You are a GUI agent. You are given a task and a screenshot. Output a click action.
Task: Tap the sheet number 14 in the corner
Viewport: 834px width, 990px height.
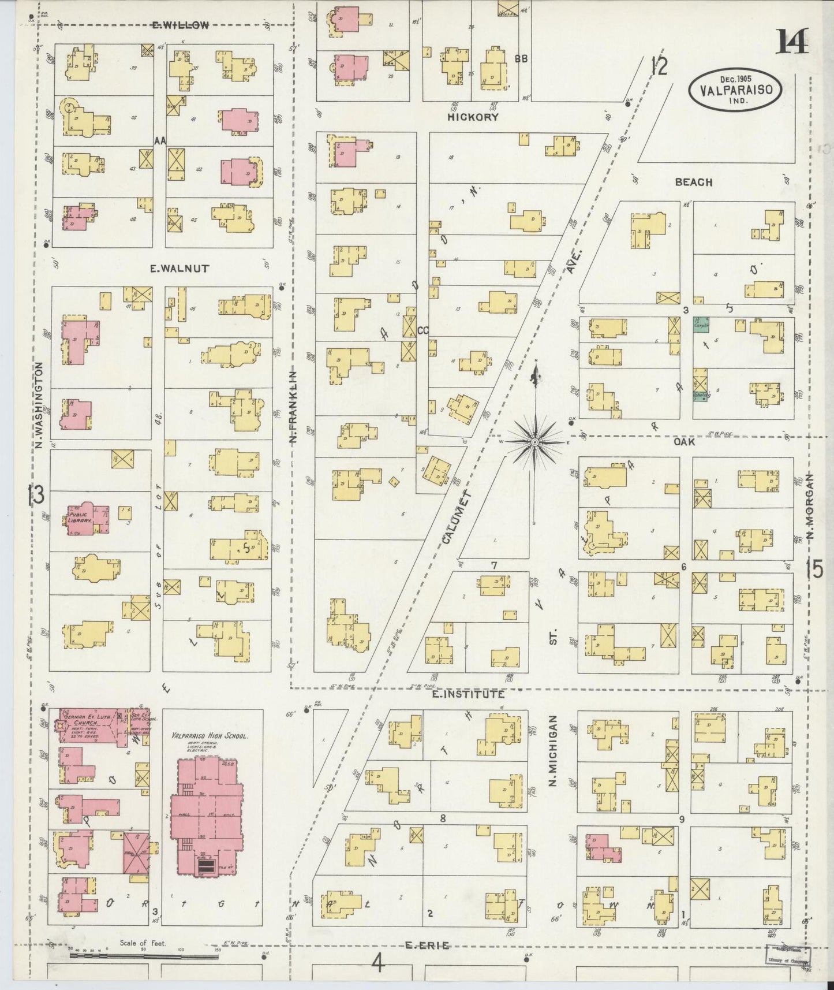[792, 42]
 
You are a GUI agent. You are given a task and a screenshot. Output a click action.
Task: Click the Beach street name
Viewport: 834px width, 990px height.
[694, 182]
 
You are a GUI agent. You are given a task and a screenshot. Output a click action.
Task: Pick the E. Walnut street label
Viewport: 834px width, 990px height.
[171, 268]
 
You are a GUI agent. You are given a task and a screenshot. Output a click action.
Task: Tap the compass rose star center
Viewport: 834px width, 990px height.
[535, 442]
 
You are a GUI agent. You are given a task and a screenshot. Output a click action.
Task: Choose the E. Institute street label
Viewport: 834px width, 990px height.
[468, 694]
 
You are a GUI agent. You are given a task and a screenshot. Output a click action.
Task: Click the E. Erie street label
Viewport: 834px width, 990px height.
[428, 945]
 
